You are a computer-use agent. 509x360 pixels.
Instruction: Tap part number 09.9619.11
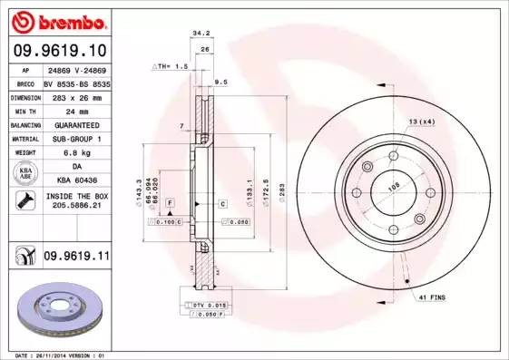click(x=74, y=258)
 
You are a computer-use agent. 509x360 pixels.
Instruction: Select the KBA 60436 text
click(x=74, y=181)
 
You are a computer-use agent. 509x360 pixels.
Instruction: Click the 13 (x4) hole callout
click(x=421, y=121)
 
